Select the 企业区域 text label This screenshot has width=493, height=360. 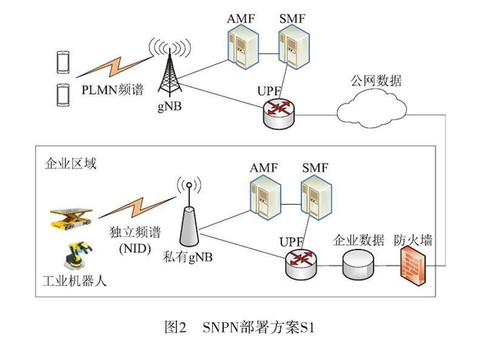(71, 164)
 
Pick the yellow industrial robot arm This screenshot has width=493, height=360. (76, 256)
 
